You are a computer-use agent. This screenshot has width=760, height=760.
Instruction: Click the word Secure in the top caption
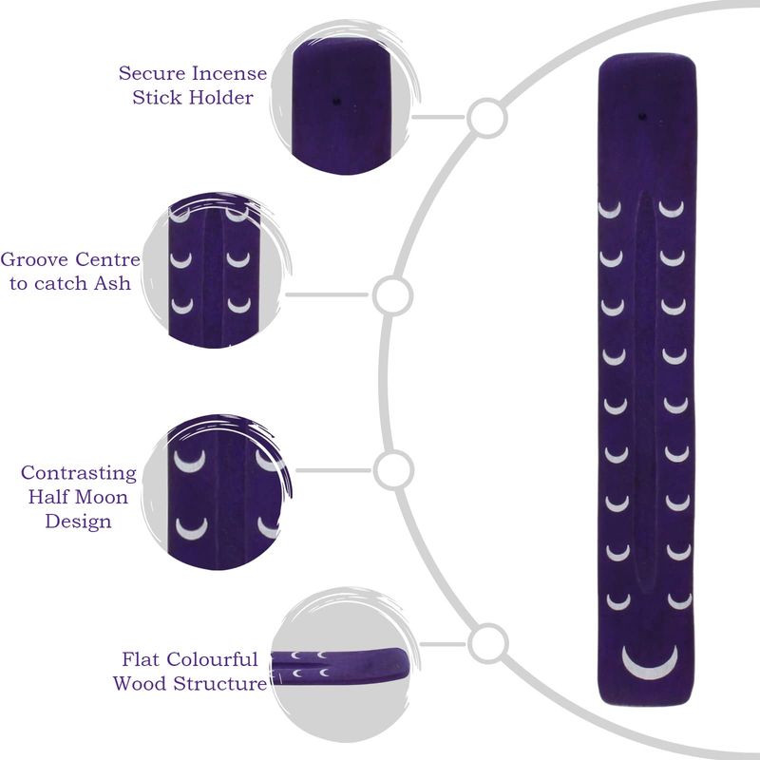pos(152,74)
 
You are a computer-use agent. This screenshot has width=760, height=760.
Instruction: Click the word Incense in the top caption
pos(229,74)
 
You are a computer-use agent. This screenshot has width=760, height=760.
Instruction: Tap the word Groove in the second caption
pos(34,259)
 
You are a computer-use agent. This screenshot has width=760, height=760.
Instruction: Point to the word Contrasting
pos(79,473)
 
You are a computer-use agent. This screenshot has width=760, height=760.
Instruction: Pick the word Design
pos(78,522)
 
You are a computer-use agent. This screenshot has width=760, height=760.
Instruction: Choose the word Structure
pos(219,683)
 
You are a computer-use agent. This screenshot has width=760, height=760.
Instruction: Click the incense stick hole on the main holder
pos(643,116)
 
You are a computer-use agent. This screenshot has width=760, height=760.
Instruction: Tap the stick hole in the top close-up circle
pos(336,102)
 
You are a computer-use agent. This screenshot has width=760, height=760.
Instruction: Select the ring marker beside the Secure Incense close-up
pos(487,117)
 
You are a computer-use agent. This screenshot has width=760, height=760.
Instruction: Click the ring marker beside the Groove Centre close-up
pos(392,295)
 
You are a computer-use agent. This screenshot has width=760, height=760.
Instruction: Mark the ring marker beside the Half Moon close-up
pos(393,470)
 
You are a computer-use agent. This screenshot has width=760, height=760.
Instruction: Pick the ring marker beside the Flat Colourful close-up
pos(487,644)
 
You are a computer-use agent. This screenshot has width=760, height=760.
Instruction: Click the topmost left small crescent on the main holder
pos(610,210)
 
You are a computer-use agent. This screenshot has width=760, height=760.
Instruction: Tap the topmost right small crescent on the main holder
pos(672,209)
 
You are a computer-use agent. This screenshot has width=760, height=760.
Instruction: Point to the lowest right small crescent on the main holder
pos(679,601)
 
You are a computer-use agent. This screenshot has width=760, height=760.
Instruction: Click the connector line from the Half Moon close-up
pos(333,470)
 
